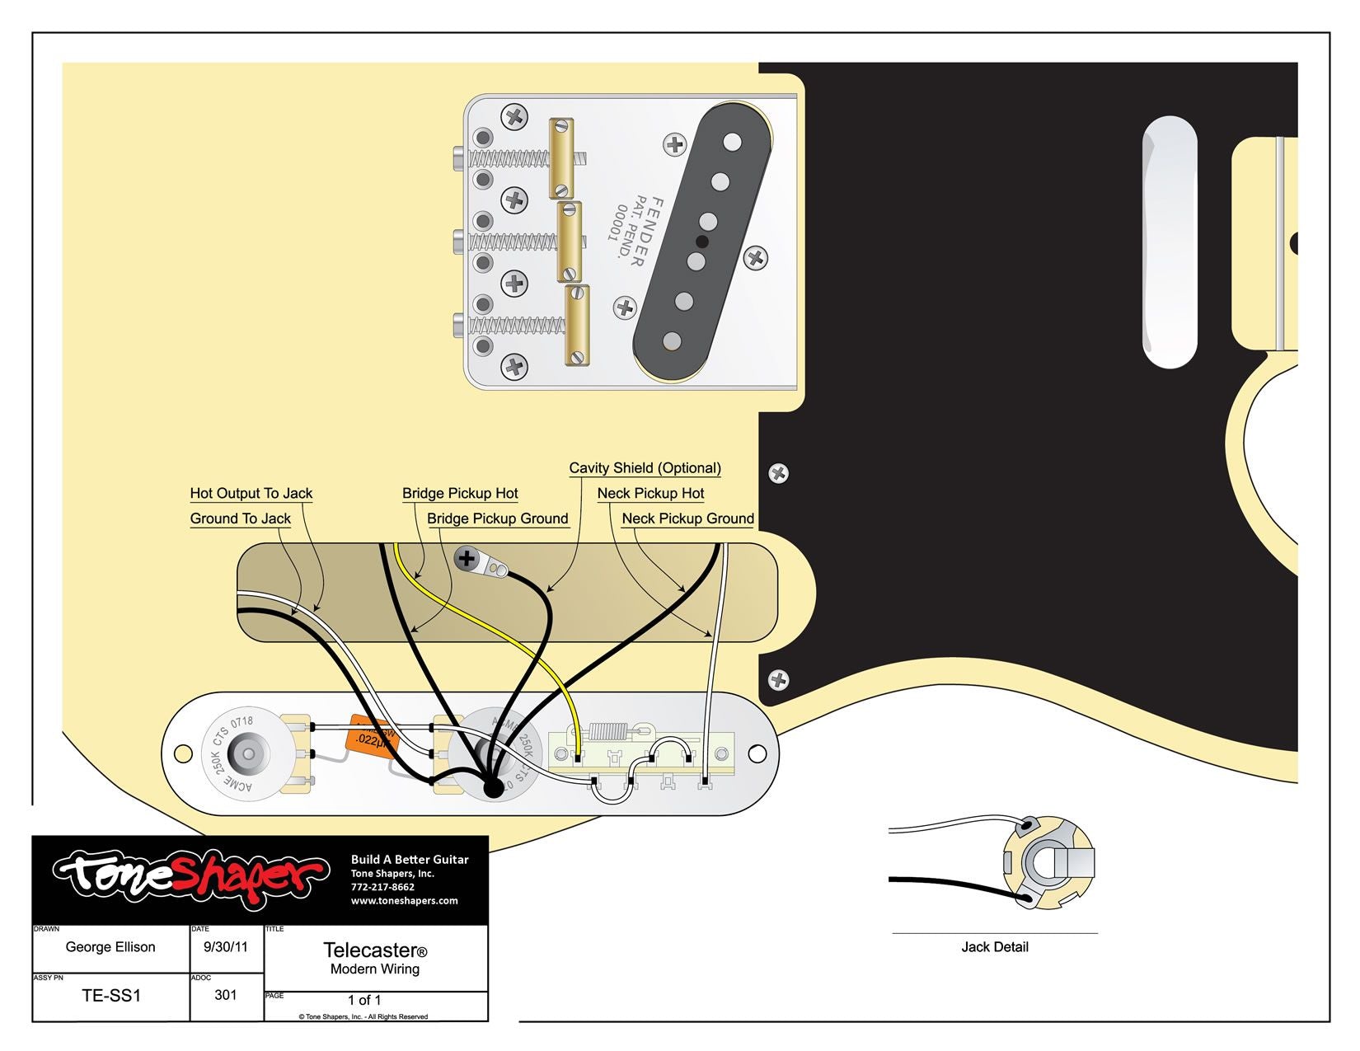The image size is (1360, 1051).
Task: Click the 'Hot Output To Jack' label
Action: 251,494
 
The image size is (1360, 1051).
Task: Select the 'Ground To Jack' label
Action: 240,518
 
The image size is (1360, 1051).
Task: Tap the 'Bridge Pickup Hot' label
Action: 460,494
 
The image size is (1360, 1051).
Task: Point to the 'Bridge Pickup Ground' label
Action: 497,518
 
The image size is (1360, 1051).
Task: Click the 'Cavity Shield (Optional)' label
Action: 645,468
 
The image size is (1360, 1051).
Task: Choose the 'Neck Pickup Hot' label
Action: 650,494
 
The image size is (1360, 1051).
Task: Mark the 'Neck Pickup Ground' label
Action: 687,518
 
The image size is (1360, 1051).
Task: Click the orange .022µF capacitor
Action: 373,735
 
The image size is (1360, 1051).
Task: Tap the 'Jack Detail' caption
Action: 994,947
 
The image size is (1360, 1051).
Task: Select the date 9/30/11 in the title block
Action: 226,946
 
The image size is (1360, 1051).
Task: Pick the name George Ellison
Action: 110,947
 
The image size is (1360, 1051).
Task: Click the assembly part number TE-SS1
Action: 111,996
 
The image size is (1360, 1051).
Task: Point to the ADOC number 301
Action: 226,995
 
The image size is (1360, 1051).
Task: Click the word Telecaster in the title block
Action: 369,950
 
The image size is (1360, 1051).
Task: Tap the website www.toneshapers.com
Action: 404,901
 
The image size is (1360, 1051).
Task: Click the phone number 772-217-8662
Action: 382,887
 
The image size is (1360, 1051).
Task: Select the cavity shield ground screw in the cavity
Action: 467,559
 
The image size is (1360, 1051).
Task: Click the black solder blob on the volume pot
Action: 493,788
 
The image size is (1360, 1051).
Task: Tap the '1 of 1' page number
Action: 364,1000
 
